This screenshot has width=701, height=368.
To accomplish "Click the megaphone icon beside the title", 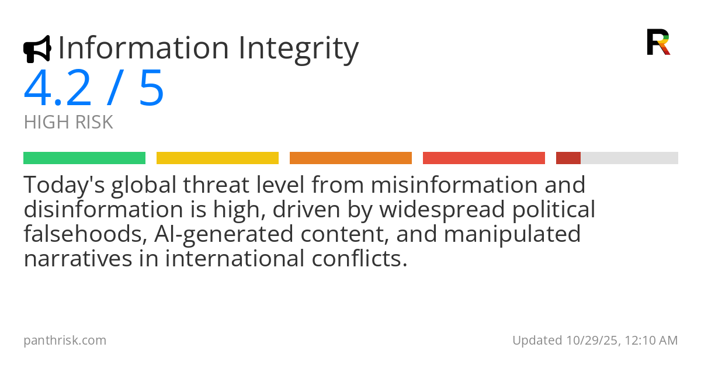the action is pos(37,49).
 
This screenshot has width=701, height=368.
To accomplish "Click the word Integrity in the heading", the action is pos(299,48).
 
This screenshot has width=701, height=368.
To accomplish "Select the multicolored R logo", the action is pos(658,42).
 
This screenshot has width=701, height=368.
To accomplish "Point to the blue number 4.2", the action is pos(57,88).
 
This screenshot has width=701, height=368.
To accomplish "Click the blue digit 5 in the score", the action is pos(151,88).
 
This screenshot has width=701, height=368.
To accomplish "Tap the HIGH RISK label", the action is pos(68,122).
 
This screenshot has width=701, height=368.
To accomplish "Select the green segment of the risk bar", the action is pos(85,158).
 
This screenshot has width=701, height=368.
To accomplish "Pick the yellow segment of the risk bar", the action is pos(217,158).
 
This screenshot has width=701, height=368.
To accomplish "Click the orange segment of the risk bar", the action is pos(351,158).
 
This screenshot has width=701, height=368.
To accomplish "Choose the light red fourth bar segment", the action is pos(484,158).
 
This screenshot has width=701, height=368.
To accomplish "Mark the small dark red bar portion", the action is pos(568,158).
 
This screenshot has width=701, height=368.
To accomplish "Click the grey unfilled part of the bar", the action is pos(629,158).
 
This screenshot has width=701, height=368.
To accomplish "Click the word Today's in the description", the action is pos(64,185).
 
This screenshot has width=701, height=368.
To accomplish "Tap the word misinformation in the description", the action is pos(454,185).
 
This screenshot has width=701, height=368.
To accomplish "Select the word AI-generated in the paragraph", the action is pos(224,234).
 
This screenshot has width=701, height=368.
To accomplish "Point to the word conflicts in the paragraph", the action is pos(360,258).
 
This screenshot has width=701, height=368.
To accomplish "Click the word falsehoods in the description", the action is pos(86,234).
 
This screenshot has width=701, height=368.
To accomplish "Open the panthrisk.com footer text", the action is pos(65,341).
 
